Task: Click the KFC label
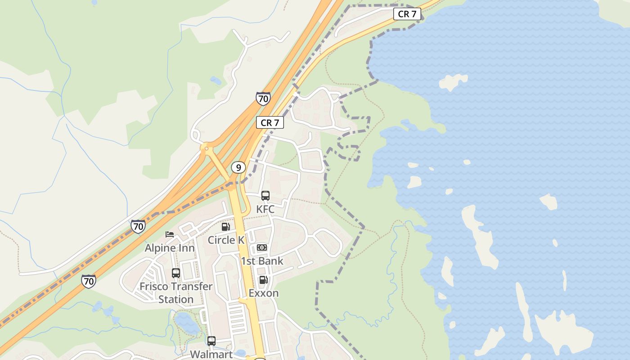tap(265, 209)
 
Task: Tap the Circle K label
tap(226, 240)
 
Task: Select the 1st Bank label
tap(262, 261)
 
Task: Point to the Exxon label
tap(264, 293)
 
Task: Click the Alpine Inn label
tap(170, 248)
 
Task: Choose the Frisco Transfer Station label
tap(176, 292)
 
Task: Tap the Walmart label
tap(211, 354)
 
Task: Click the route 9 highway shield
tap(238, 168)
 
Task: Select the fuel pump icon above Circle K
tap(226, 227)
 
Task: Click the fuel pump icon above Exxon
tap(264, 280)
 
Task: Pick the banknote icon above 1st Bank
tap(262, 247)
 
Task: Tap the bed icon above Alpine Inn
tap(170, 234)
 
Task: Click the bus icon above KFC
tap(265, 196)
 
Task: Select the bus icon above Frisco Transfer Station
tap(176, 273)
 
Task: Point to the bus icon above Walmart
tap(211, 341)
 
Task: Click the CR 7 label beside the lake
tap(407, 14)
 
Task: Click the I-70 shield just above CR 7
tap(263, 99)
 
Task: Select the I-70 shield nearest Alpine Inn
tap(139, 226)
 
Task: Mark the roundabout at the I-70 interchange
tap(207, 148)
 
